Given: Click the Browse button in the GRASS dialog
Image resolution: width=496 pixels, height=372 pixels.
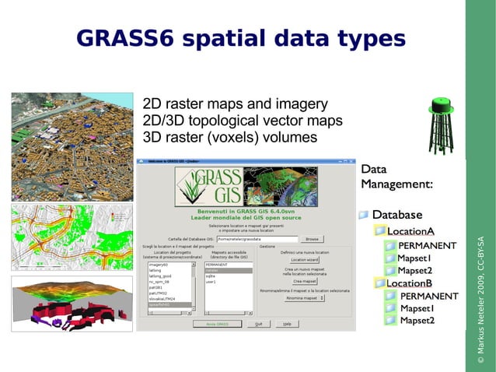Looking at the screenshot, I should (311, 239).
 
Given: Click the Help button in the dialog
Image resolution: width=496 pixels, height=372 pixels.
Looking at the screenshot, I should (286, 323).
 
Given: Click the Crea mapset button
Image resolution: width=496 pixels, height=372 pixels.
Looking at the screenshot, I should (304, 281).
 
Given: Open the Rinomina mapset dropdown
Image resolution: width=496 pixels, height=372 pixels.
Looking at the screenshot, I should (304, 298).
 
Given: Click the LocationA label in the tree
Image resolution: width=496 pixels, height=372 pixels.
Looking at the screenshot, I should (410, 231).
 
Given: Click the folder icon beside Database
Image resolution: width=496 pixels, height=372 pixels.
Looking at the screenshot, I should (364, 215).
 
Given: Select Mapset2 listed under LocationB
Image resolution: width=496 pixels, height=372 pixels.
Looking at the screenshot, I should (417, 321).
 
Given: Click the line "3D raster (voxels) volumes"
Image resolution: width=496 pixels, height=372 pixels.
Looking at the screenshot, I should (230, 138).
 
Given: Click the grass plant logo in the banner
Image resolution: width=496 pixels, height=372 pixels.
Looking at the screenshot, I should (190, 188).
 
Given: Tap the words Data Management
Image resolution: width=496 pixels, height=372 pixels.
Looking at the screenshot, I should (396, 177).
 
